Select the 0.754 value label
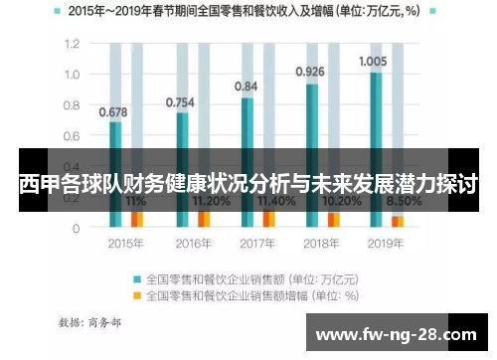coord(179,101)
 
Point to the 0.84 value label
coord(246,87)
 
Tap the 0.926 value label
coord(310,72)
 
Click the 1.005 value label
coord(373,61)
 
